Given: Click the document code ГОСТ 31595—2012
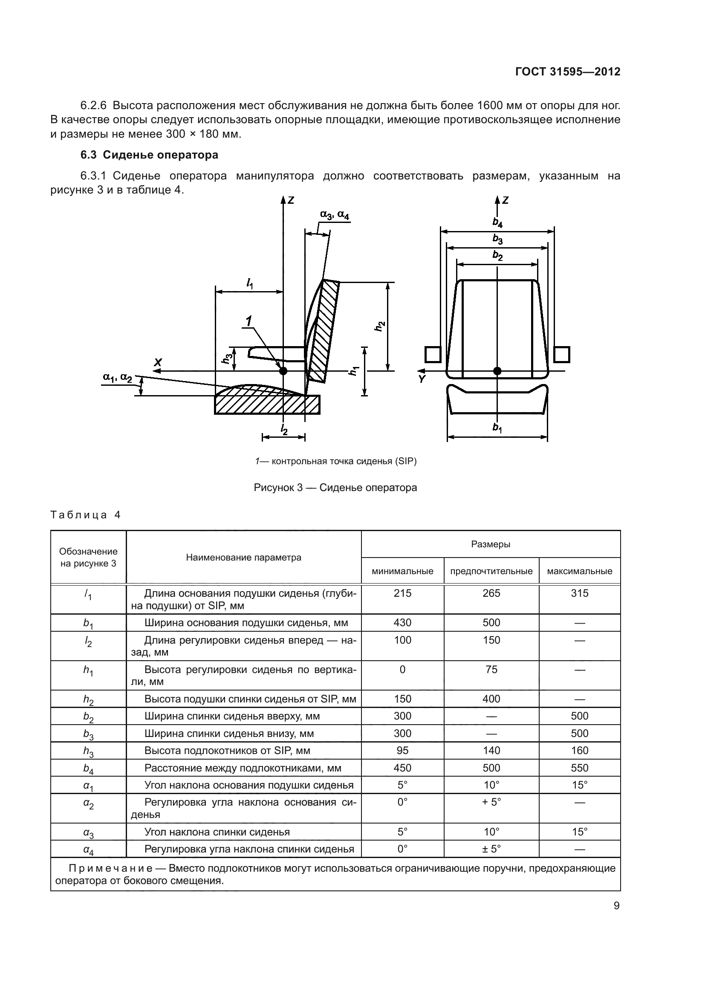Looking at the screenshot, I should coord(568,72).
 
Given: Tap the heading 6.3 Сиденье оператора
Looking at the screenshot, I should coord(149,155).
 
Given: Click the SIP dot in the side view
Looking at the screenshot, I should coord(283,371).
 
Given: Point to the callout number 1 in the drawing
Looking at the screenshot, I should coord(249,322).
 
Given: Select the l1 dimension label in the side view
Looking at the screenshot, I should coord(250,284).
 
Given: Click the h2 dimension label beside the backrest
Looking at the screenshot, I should coord(380,326).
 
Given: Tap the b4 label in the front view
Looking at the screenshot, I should coord(497,223).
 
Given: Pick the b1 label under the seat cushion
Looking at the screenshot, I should coord(497,428).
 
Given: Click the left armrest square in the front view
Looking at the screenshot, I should coord(433,354).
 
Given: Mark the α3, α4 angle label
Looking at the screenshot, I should coord(334,214).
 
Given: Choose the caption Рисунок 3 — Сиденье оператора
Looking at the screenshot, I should coord(335,488).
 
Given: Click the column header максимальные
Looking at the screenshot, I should coord(580,571).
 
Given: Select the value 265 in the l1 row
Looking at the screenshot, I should coord(491,593).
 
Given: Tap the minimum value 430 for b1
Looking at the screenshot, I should coord(402,623).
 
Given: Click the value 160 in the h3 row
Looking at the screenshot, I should coord(580,750).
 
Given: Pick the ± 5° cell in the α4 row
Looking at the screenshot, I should coord(491,849).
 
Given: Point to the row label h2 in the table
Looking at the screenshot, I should coord(89,699).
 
